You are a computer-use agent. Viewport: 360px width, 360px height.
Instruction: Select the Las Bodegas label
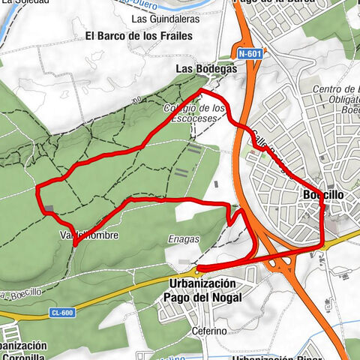(205, 68)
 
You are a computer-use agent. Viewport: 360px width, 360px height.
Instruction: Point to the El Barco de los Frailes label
(139, 35)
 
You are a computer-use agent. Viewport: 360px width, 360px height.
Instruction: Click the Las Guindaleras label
(160, 18)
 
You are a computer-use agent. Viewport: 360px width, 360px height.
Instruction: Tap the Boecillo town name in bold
(324, 195)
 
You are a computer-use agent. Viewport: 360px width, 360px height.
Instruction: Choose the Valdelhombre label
(88, 235)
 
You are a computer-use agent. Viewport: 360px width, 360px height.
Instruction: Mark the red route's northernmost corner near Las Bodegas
(200, 91)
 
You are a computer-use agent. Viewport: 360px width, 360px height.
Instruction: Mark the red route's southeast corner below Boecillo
(322, 246)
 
